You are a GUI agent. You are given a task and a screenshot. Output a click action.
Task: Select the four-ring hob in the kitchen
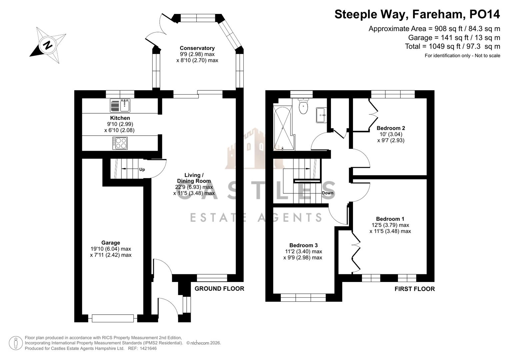pos(120,143)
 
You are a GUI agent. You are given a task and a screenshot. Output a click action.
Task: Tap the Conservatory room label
pos(197,48)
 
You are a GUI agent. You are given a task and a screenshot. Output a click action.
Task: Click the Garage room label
pos(111,243)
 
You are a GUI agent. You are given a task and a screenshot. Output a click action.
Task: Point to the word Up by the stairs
pos(142,169)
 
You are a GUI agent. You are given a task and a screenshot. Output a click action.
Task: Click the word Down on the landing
pos(328,193)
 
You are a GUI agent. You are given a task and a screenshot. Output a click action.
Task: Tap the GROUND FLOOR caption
pos(219,289)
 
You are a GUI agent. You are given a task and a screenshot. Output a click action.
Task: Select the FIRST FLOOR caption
pos(415,289)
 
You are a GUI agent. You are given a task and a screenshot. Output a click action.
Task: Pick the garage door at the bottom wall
pos(113,318)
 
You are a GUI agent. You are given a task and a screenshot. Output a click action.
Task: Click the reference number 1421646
pos(148,348)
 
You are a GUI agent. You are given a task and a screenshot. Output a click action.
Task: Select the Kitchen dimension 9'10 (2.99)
pos(119,124)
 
